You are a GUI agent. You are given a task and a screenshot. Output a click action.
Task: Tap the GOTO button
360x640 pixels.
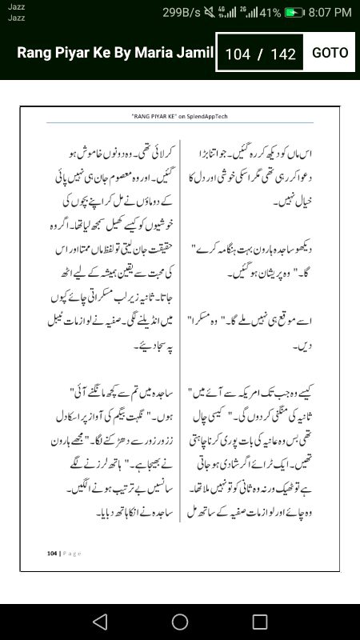pyautogui.click(x=330, y=53)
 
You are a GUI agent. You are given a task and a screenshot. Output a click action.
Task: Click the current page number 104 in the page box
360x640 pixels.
pyautogui.click(x=238, y=54)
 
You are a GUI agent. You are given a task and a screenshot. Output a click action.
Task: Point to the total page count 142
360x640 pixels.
pyautogui.click(x=283, y=54)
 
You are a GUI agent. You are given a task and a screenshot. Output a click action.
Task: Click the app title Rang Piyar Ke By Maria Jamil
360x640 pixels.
pyautogui.click(x=115, y=53)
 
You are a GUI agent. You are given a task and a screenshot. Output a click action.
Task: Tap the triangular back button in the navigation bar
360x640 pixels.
pyautogui.click(x=99, y=622)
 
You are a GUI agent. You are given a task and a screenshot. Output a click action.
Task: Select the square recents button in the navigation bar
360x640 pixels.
pyautogui.click(x=260, y=622)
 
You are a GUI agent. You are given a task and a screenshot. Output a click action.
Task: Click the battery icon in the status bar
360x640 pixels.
pyautogui.click(x=295, y=13)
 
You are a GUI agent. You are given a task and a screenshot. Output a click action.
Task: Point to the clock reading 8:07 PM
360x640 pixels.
pyautogui.click(x=330, y=13)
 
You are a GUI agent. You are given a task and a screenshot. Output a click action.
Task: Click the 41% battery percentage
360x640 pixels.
pyautogui.click(x=270, y=13)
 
